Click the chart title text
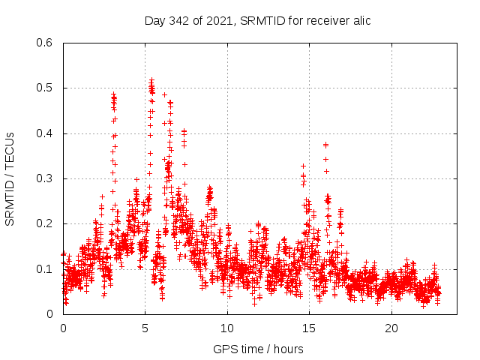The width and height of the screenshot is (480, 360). point(257,20)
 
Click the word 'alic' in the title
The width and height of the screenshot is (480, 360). point(359,20)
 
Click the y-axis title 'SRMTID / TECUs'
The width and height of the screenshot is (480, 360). point(10,179)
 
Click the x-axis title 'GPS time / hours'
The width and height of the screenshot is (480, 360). point(258,349)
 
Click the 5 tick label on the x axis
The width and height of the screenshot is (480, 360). point(145,328)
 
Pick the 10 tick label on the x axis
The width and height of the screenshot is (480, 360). point(227,328)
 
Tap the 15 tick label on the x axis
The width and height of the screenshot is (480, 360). point(309,328)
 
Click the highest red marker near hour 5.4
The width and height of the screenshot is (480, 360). point(151,79)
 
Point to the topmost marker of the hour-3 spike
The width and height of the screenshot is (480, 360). point(113,94)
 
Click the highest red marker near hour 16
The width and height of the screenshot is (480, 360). point(325,145)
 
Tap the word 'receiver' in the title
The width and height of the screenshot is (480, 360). point(325,20)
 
